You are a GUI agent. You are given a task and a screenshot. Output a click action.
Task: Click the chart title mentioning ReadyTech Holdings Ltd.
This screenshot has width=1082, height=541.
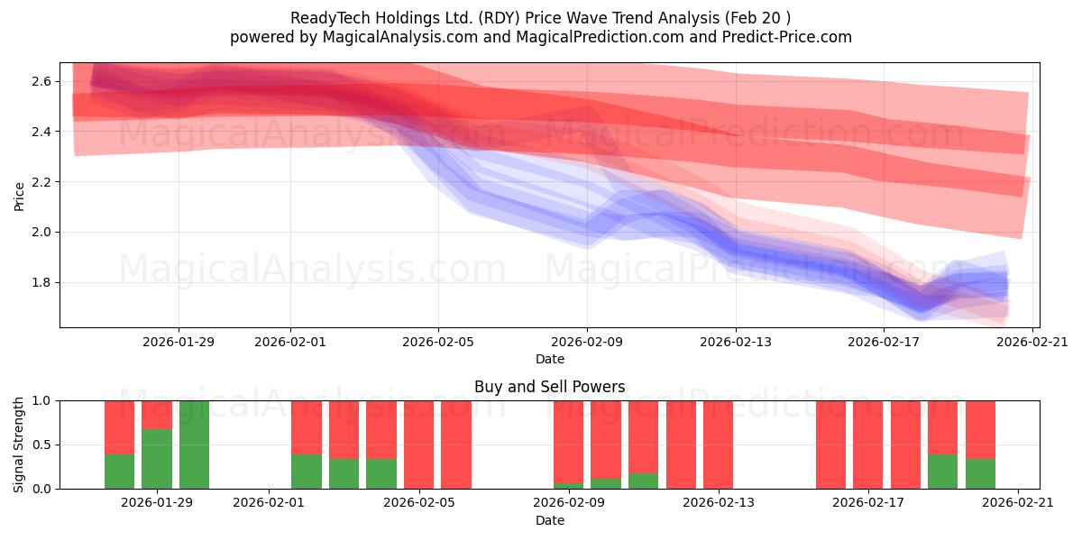click(x=541, y=18)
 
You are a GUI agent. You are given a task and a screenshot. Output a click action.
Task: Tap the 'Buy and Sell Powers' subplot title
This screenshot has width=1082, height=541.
click(x=549, y=387)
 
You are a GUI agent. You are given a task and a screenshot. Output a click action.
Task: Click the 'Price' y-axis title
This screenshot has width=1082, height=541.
click(x=20, y=195)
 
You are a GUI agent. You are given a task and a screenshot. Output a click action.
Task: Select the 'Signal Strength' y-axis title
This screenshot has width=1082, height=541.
click(x=20, y=445)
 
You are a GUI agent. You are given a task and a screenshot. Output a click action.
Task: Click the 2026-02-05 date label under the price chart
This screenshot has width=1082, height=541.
click(x=438, y=342)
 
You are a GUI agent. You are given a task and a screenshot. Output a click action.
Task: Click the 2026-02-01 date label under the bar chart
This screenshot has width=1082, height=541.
click(x=270, y=502)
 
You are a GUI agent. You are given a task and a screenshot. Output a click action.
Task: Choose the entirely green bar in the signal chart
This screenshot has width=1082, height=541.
click(x=194, y=445)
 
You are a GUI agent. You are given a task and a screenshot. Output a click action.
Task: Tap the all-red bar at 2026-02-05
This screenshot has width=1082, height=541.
click(x=418, y=445)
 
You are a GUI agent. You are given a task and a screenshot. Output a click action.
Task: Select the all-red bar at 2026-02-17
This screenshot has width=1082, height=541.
click(x=868, y=445)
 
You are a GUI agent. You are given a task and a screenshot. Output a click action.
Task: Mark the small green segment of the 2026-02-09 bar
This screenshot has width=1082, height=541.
click(x=568, y=486)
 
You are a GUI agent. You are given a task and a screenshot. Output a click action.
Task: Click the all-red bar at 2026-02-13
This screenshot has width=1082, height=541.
click(x=718, y=445)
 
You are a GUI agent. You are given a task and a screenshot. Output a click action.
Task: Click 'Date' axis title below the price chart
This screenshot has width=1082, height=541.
click(x=549, y=359)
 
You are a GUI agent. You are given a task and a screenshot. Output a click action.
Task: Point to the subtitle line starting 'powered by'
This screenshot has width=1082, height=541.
click(x=541, y=37)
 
